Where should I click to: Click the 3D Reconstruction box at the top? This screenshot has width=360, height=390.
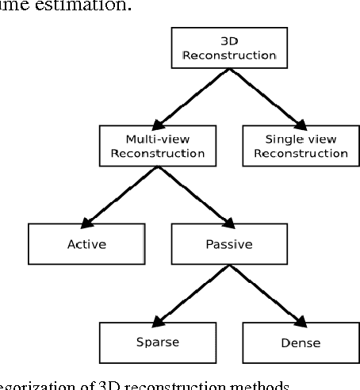228,49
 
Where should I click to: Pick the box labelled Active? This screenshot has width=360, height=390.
86,244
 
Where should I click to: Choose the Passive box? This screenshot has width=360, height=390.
228,244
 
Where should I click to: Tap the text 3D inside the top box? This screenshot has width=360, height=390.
228,41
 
